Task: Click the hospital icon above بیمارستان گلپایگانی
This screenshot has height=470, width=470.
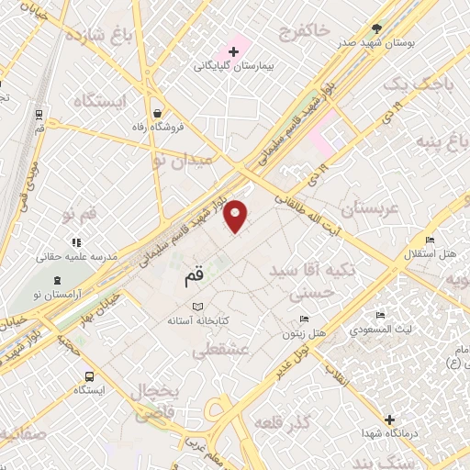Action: click(234, 50)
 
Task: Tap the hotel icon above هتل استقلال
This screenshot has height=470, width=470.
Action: click(430, 241)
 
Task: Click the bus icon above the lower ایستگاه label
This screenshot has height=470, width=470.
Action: click(90, 376)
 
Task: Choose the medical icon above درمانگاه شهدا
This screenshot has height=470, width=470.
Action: click(393, 419)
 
